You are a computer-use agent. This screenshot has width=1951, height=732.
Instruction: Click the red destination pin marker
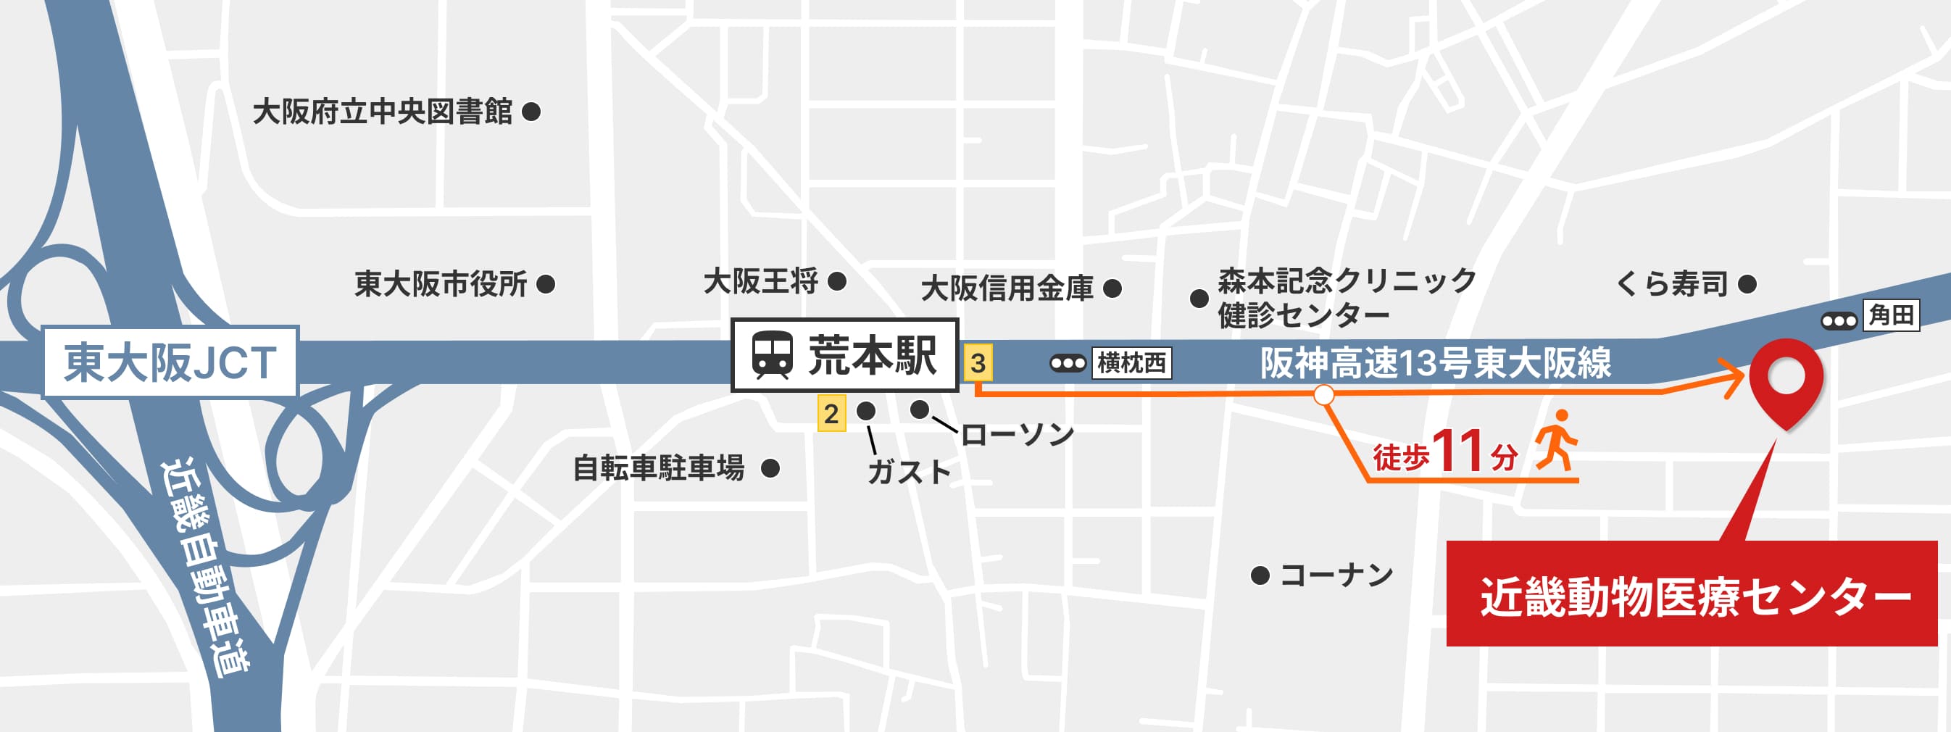coord(1786,379)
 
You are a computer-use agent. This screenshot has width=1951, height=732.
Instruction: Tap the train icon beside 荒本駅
coord(772,355)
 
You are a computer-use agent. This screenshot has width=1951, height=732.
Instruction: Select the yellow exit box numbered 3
coord(978,363)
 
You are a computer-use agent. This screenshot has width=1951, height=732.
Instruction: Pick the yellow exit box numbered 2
coord(831,414)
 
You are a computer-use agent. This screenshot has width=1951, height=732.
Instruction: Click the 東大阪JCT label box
coord(170,362)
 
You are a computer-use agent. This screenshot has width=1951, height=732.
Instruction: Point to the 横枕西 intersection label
coord(1131,363)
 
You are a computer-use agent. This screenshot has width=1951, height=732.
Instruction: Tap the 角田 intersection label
coord(1890,315)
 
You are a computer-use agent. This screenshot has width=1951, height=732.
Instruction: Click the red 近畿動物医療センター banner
coord(1692,594)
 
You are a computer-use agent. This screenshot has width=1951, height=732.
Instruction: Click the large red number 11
coord(1457,451)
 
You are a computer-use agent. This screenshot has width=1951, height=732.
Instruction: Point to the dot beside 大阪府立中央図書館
coord(532,112)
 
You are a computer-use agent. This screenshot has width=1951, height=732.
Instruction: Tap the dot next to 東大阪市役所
coord(545,285)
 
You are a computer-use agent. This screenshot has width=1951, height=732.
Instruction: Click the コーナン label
coord(1336,575)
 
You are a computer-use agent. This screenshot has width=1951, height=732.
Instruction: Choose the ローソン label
coord(1017,434)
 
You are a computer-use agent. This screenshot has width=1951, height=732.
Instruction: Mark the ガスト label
coord(908,472)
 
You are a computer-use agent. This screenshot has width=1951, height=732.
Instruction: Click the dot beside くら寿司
coord(1747,285)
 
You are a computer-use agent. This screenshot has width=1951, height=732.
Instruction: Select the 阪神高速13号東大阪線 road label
coord(1435,363)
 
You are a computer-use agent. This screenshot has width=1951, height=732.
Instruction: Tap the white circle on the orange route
coord(1323,395)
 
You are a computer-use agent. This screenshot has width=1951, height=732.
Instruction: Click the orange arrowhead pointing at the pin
coord(1734,378)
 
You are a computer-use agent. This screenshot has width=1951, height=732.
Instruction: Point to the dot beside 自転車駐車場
coord(770,468)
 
